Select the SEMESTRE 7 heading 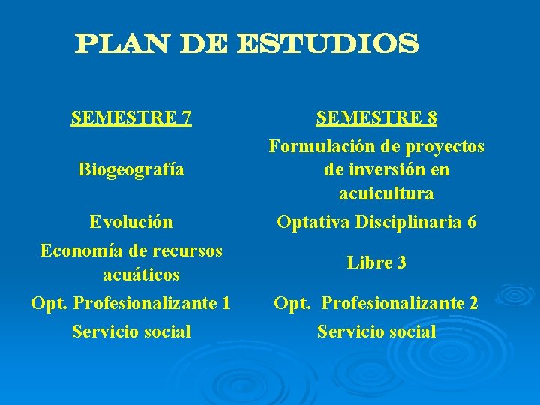click(x=131, y=118)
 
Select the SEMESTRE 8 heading click(x=376, y=118)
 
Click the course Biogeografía click(x=131, y=169)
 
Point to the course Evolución click(x=131, y=222)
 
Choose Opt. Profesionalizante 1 click(x=131, y=303)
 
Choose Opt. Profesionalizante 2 click(x=376, y=303)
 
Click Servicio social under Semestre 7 click(x=131, y=331)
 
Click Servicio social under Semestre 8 click(x=376, y=331)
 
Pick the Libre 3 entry click(x=376, y=262)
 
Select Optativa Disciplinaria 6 click(x=376, y=222)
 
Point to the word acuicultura click(x=385, y=193)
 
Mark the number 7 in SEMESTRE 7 click(x=185, y=118)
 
